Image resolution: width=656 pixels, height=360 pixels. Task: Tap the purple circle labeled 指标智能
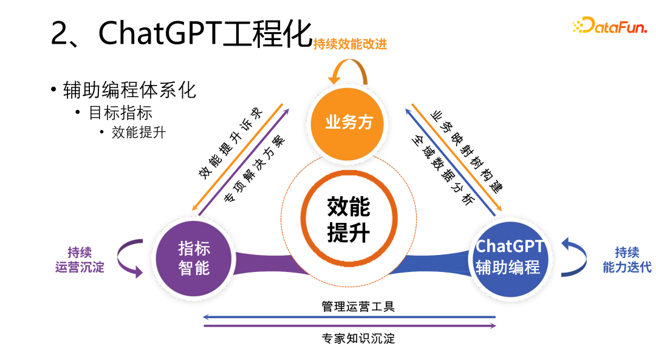point(194,258)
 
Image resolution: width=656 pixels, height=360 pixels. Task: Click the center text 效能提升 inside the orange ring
point(348,219)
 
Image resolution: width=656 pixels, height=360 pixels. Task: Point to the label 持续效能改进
point(350,44)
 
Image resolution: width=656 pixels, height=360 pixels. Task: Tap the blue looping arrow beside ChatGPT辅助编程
point(574,257)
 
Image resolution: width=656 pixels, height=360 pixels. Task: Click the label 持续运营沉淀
point(80,259)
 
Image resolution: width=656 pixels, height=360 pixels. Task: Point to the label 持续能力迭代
point(627,259)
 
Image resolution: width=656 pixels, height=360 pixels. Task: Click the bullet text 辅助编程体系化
point(129,90)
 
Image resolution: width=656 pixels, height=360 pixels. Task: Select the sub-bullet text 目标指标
point(120,113)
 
